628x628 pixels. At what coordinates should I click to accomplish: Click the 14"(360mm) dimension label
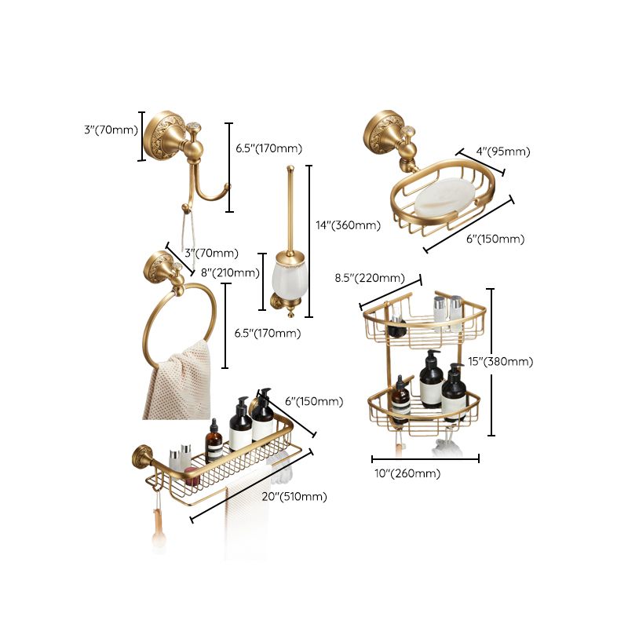(x=348, y=225)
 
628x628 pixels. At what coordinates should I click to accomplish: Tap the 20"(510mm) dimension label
(x=295, y=496)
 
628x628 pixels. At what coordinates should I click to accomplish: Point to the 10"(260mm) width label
(x=406, y=473)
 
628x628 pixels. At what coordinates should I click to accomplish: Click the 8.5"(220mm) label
(x=370, y=278)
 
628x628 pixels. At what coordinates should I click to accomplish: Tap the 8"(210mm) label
(x=230, y=273)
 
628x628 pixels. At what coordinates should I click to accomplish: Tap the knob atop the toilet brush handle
(x=291, y=166)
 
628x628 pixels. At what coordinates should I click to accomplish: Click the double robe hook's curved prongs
(x=206, y=188)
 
